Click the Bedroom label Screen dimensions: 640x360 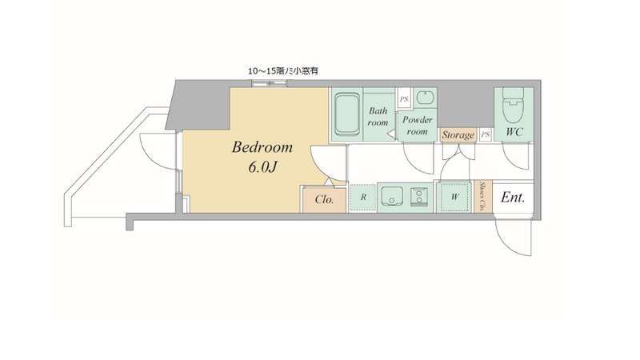click(262, 147)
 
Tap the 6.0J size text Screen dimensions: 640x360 click(263, 166)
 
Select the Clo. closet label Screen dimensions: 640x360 click(324, 199)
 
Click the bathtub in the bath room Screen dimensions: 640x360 click(347, 114)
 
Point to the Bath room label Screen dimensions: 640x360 click(378, 116)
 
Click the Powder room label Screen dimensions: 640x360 click(417, 126)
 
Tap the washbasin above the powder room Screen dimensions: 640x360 click(425, 98)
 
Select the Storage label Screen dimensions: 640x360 click(458, 135)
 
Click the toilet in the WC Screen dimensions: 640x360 click(513, 105)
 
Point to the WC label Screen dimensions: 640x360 click(514, 132)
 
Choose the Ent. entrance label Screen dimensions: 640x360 click(512, 198)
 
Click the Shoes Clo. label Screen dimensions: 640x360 click(482, 196)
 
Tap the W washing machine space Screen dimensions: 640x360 click(454, 197)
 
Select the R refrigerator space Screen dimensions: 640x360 click(363, 198)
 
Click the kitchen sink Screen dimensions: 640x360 click(392, 197)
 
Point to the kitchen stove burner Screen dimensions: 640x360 click(418, 197)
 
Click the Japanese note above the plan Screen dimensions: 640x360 click(283, 71)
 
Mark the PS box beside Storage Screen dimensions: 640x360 click(485, 134)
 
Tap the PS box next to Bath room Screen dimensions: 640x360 click(404, 98)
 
